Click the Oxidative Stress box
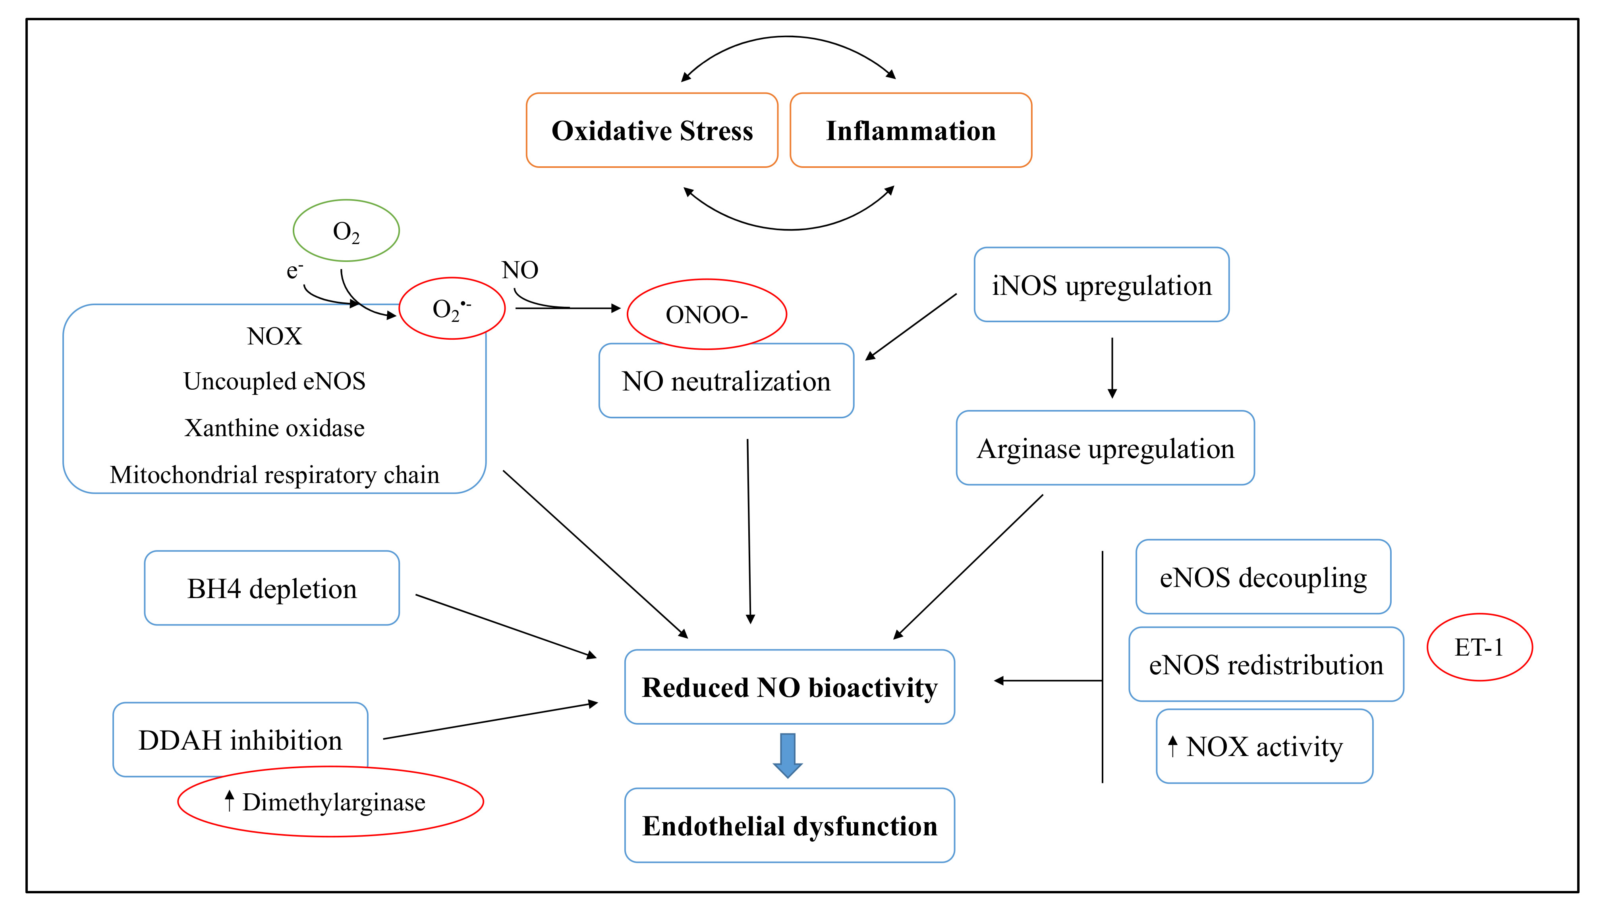[652, 130]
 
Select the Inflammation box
[910, 130]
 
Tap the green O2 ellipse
[346, 231]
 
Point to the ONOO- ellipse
[707, 314]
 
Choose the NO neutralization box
[726, 381]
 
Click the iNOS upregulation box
[1101, 285]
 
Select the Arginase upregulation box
[1105, 448]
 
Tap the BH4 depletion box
[271, 588]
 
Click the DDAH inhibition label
[240, 739]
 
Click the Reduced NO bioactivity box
[789, 687]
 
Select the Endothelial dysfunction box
[789, 825]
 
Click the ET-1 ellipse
[1479, 647]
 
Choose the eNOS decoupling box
[1263, 577]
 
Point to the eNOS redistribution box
[1266, 664]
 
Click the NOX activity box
[1264, 746]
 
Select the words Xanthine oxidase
[274, 428]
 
